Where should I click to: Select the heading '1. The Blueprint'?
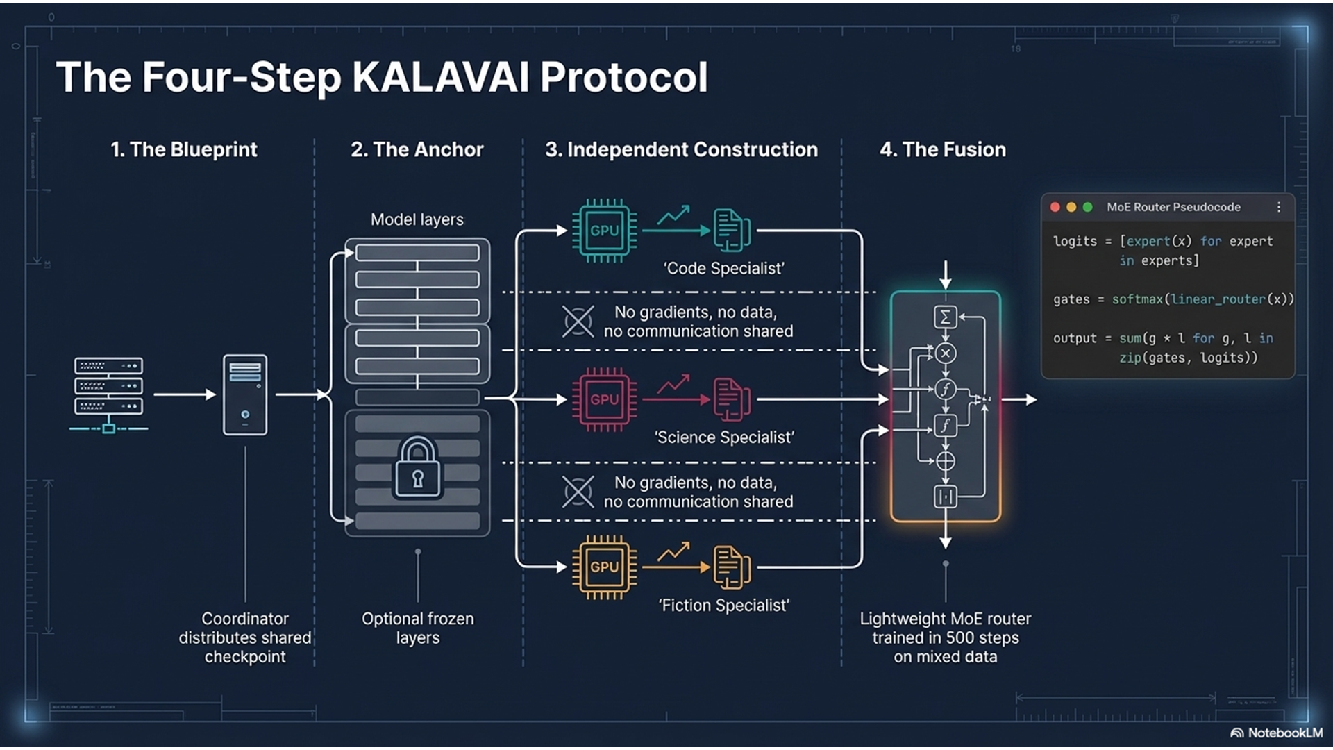[x=184, y=149]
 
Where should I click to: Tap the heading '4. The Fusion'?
[x=942, y=149]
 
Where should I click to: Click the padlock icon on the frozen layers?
[x=417, y=468]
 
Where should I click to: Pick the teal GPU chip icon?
[x=604, y=231]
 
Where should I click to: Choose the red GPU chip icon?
[x=604, y=399]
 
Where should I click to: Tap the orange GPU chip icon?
[x=604, y=567]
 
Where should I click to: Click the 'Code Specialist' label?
[x=723, y=268]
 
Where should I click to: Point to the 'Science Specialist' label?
[x=723, y=437]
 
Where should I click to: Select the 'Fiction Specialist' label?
[x=723, y=606]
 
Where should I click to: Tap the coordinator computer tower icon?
[x=245, y=394]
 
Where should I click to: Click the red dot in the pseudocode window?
[x=1055, y=207]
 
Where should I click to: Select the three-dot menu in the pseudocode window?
[x=1279, y=207]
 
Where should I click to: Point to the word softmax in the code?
[x=1137, y=299]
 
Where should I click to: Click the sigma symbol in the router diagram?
[x=945, y=317]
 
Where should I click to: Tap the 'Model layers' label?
[x=417, y=219]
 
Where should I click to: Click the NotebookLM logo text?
[x=1284, y=733]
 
